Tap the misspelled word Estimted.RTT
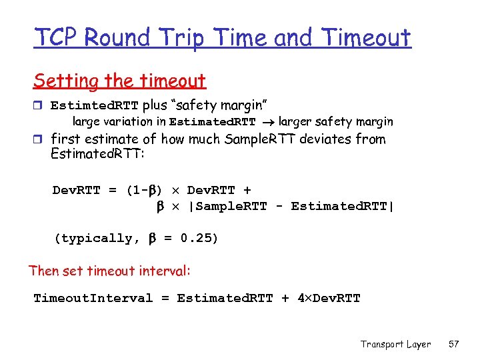click(x=95, y=106)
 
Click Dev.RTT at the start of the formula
click(x=76, y=191)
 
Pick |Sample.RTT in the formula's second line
click(x=227, y=207)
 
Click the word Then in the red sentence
click(x=43, y=271)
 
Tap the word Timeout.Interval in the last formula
click(x=93, y=298)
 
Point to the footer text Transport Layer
click(x=395, y=344)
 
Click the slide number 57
click(x=454, y=344)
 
